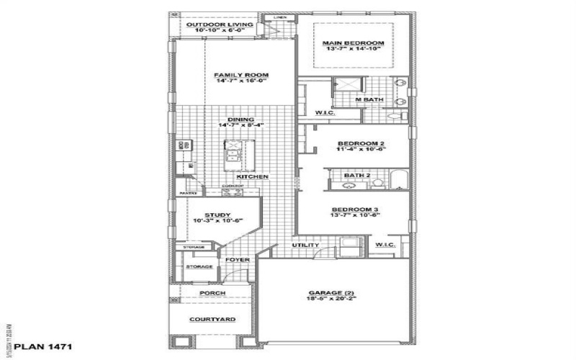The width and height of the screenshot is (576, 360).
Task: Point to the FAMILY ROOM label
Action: (241, 75)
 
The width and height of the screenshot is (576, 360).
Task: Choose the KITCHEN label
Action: (253, 176)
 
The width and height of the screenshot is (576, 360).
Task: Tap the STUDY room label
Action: (217, 215)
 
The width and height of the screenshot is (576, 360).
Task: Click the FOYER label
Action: (238, 260)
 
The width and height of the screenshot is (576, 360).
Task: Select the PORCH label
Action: (212, 294)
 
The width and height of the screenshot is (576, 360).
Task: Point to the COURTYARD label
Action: (212, 320)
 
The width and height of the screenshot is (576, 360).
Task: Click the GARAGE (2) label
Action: (332, 293)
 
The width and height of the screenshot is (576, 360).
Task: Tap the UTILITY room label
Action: (305, 246)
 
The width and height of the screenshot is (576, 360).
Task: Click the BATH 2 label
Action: (357, 175)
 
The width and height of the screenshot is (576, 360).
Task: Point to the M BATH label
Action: (369, 99)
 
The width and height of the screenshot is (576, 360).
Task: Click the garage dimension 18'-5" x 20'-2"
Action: (332, 300)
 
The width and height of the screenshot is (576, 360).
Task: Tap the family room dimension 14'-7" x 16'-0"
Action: (241, 81)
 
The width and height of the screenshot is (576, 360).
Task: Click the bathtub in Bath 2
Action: (399, 180)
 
